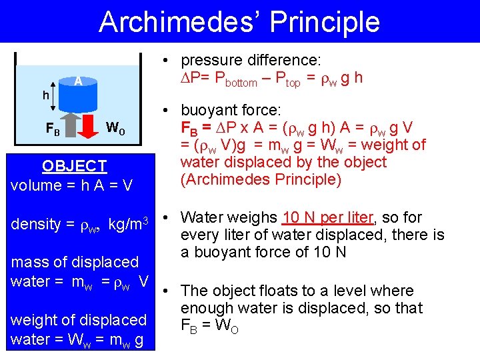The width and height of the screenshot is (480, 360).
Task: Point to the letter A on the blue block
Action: coord(78,81)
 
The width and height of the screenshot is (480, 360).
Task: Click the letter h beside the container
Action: coord(45,95)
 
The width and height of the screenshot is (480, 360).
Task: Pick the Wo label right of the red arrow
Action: coord(115,127)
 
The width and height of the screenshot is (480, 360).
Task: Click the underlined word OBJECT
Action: coord(74,166)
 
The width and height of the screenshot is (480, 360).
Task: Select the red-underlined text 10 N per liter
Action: coord(328,217)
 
